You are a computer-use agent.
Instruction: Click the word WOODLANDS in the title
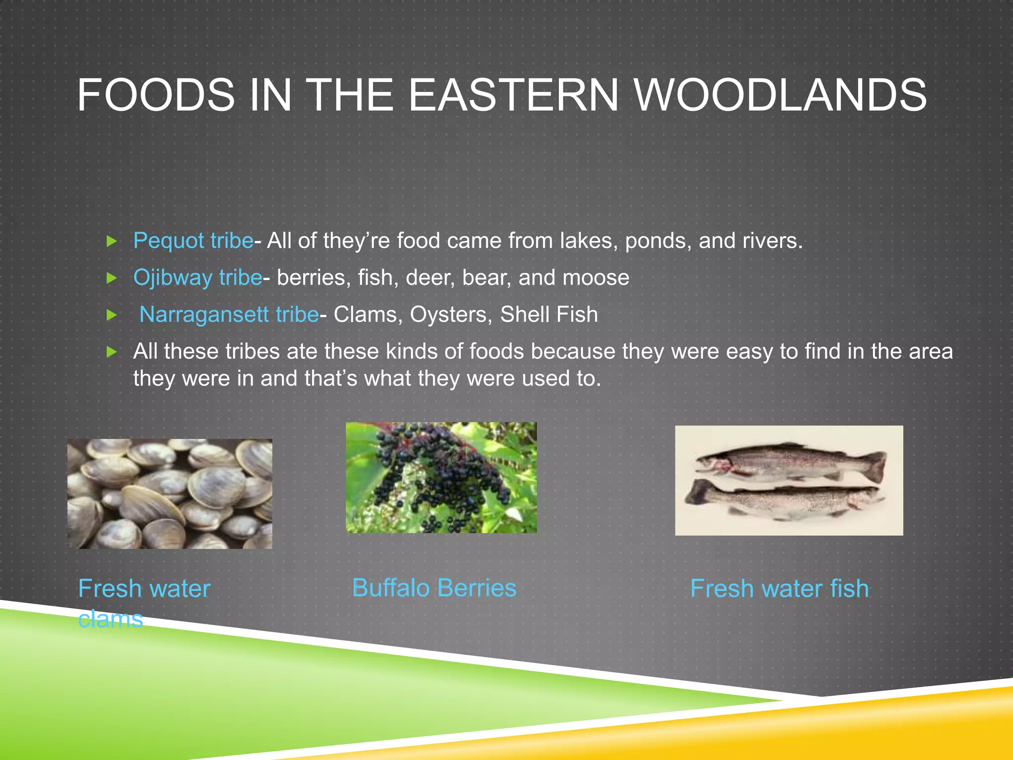[780, 95]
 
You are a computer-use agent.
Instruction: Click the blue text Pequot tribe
[193, 241]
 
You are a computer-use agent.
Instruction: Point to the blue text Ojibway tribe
[197, 278]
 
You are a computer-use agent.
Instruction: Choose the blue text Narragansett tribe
[229, 315]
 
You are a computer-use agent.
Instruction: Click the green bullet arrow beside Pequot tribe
[112, 241]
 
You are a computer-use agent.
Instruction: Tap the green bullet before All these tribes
[112, 352]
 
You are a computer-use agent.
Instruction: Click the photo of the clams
[170, 494]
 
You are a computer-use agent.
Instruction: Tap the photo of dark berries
[441, 477]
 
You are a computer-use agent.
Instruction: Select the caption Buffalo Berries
[434, 588]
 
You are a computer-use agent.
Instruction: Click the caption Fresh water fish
[779, 589]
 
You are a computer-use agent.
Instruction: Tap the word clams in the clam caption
[110, 619]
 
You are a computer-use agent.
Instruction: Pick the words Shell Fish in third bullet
[549, 315]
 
